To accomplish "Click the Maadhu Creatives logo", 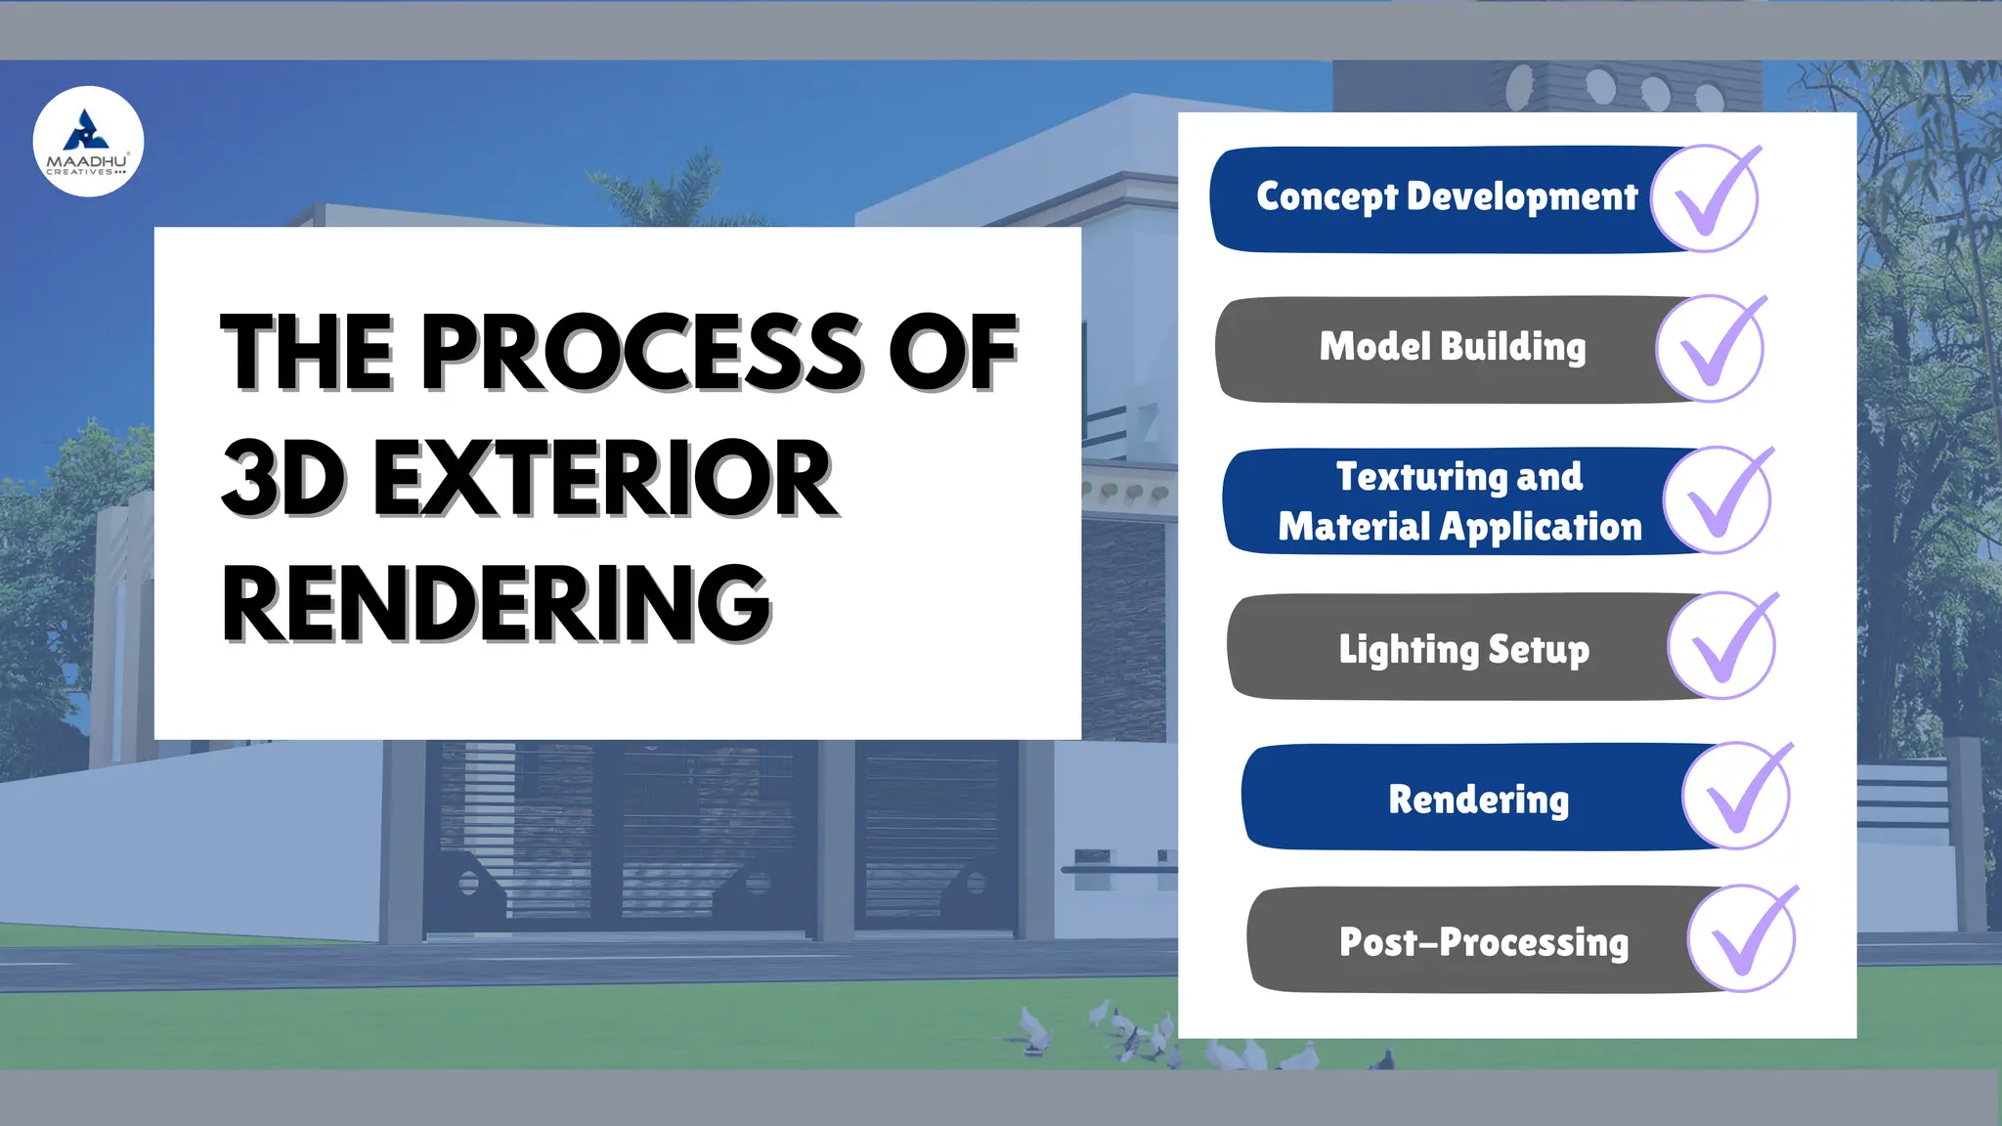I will click(x=88, y=142).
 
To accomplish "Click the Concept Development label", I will click(x=1446, y=197).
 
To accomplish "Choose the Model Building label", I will click(x=1453, y=347).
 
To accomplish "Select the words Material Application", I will click(x=1459, y=527).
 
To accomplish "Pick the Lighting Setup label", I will click(x=1463, y=649).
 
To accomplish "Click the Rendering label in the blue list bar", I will click(x=1478, y=800).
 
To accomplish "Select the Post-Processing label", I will click(x=1483, y=942).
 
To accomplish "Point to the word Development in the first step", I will click(x=1522, y=197).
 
